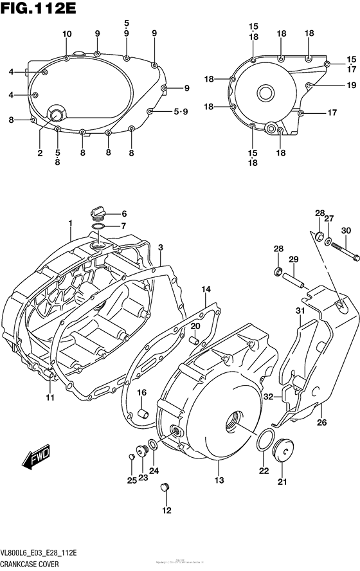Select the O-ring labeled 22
pyautogui.click(x=263, y=442)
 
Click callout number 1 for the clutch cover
pyautogui.click(x=71, y=223)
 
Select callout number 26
pyautogui.click(x=322, y=422)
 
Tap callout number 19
pyautogui.click(x=333, y=85)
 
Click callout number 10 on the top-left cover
pyautogui.click(x=67, y=33)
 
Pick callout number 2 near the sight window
pyautogui.click(x=40, y=153)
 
